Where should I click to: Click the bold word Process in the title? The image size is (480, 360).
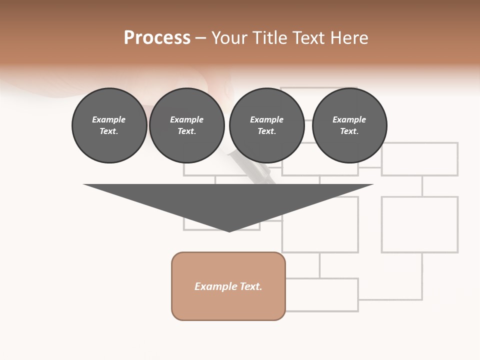(157, 38)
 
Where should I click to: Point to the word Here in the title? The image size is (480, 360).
(349, 38)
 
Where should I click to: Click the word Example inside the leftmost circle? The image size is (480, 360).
(109, 119)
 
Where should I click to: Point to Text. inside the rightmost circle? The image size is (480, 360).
(349, 131)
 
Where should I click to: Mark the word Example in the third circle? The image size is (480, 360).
(266, 119)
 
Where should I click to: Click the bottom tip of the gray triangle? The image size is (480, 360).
(229, 230)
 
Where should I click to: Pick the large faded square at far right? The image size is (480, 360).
(420, 224)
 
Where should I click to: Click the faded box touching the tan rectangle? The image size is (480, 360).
(322, 294)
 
